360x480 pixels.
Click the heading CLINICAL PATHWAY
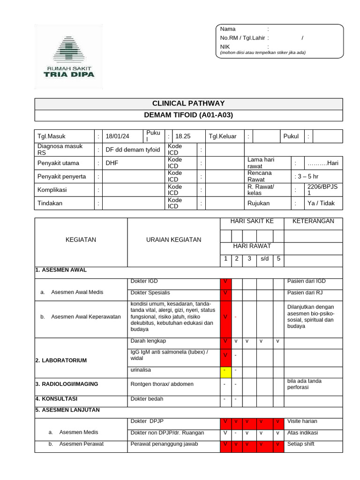point(188,104)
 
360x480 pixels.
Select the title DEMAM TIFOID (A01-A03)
point(188,115)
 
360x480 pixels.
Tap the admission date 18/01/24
point(117,136)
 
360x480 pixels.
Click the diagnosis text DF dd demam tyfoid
point(133,150)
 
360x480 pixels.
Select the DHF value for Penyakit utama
point(112,163)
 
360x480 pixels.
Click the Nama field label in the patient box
point(228,29)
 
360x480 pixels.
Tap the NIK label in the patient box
point(225,47)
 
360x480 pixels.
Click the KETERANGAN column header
point(313,221)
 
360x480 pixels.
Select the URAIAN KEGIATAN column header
point(173,240)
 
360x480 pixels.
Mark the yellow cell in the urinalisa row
point(225,371)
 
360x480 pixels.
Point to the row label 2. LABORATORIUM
point(61,360)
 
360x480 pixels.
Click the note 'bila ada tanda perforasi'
point(304,384)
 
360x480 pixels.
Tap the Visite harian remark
point(302,421)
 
